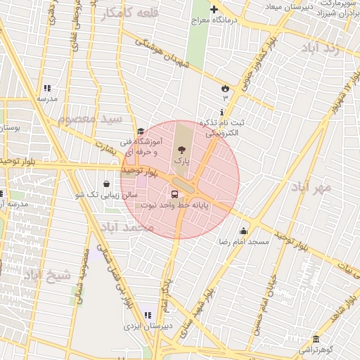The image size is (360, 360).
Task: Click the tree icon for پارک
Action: (x=182, y=149)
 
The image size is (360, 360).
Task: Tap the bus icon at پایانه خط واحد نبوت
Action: (x=174, y=193)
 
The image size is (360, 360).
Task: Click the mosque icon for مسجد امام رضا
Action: (x=244, y=231)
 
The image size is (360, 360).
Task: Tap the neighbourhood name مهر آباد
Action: (x=313, y=188)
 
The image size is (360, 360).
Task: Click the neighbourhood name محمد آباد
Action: (x=127, y=228)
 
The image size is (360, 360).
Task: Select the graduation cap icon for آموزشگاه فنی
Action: (x=141, y=131)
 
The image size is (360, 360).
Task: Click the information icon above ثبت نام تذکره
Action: (x=223, y=112)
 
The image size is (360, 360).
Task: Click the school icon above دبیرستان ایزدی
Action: (x=147, y=315)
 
